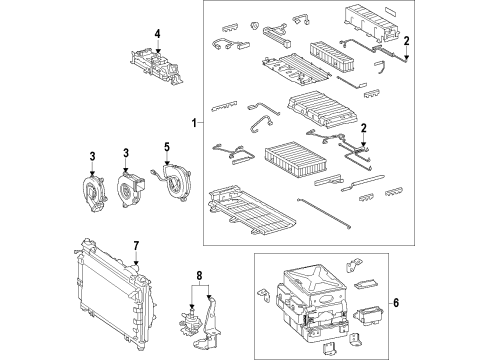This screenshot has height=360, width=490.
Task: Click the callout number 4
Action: [157, 34]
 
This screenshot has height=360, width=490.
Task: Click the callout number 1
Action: [194, 123]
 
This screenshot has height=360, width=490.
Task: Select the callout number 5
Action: [167, 147]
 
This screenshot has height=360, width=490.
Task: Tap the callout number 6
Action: [396, 303]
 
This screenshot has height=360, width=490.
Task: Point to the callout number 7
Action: [136, 246]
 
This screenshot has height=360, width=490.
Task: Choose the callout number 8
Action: [199, 275]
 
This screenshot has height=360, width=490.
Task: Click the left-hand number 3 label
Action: [92, 156]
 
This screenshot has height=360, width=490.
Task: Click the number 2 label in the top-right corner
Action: [406, 41]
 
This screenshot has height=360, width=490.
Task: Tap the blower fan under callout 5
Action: [173, 182]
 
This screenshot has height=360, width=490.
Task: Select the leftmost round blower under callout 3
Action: [94, 191]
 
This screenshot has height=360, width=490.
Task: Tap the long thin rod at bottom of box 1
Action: [323, 213]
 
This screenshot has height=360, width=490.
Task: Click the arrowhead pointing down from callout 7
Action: [136, 262]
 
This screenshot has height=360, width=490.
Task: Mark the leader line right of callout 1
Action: [200, 123]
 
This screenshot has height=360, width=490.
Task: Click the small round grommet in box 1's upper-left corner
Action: [255, 25]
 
